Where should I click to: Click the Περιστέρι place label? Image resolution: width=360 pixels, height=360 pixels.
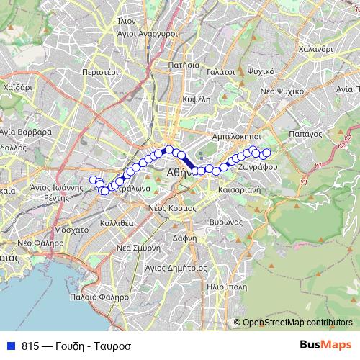(x=100, y=73)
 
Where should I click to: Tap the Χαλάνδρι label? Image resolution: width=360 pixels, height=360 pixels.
(x=313, y=48)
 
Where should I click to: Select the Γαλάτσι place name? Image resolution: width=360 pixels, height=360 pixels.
(x=220, y=72)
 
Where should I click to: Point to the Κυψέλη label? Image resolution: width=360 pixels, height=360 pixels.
(x=196, y=98)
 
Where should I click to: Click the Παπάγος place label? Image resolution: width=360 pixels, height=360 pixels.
(x=303, y=133)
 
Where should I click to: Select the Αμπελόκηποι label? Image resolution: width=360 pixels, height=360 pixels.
(x=232, y=135)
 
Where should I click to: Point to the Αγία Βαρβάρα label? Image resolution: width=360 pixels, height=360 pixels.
(x=26, y=132)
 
